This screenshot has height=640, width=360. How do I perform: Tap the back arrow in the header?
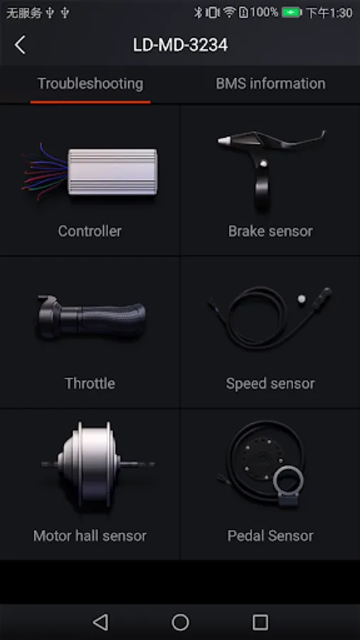pos(20,45)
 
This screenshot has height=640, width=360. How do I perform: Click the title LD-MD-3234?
pos(180,45)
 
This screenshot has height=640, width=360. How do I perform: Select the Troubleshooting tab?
pos(90,84)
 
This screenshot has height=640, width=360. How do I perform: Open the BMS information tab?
pos(270,84)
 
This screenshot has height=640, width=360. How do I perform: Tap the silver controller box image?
pos(112,172)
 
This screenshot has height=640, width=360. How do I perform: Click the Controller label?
pos(90,231)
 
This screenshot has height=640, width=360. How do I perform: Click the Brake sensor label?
pos(270,231)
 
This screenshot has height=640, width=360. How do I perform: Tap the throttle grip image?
pos(92,316)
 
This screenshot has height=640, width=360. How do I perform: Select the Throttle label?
pos(90,383)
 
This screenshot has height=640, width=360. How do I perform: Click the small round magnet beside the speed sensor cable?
pos(301,299)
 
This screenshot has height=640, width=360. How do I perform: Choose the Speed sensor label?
pos(270,383)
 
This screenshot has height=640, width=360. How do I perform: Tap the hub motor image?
pos(98,464)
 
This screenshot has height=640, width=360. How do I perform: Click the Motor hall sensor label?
pos(90,535)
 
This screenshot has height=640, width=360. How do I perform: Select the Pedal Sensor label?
pos(270,535)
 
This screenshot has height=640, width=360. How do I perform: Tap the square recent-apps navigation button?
pos(260,622)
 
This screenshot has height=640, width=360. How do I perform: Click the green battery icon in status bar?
pos(292,13)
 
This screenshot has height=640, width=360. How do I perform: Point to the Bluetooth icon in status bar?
pos(198,13)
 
